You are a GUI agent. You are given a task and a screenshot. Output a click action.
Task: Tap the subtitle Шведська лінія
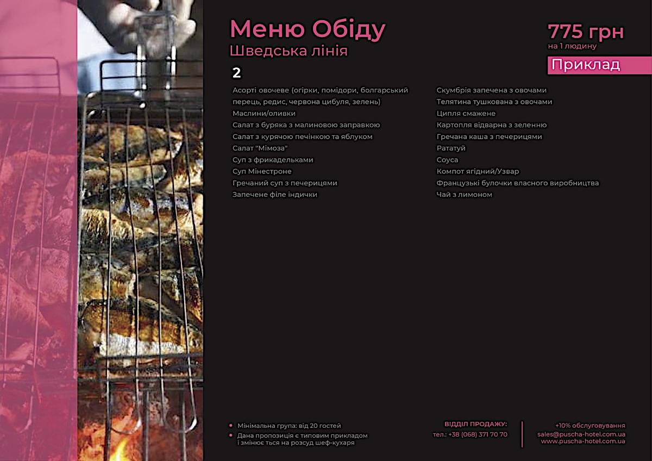[289, 51]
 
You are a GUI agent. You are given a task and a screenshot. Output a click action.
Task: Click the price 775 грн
[586, 32]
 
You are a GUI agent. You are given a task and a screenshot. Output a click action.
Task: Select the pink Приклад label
[586, 65]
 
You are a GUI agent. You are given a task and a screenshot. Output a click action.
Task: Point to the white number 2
[236, 73]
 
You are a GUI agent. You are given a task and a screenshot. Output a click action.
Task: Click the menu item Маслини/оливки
[264, 114]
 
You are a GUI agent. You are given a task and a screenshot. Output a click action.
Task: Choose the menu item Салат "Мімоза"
[260, 148]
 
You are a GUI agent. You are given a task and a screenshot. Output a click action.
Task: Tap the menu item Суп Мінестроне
[262, 171]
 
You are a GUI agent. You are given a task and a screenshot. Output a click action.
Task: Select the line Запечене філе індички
[275, 195]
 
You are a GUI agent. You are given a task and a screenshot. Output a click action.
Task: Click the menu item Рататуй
[451, 148]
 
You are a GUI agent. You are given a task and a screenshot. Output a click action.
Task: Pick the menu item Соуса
[447, 160]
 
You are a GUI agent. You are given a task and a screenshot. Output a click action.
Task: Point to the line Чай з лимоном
[465, 195]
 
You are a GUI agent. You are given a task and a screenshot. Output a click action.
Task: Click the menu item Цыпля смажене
[466, 114]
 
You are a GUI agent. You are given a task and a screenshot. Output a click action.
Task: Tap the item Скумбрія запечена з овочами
[492, 90]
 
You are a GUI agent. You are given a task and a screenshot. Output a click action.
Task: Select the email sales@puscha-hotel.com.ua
[581, 434]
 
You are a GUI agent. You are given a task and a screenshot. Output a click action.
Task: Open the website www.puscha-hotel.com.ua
[583, 441]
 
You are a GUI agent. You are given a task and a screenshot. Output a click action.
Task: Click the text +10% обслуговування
[590, 426]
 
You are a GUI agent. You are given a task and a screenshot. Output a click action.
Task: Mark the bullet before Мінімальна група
[231, 426]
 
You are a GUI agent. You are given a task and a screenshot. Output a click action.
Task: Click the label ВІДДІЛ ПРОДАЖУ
[475, 424]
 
